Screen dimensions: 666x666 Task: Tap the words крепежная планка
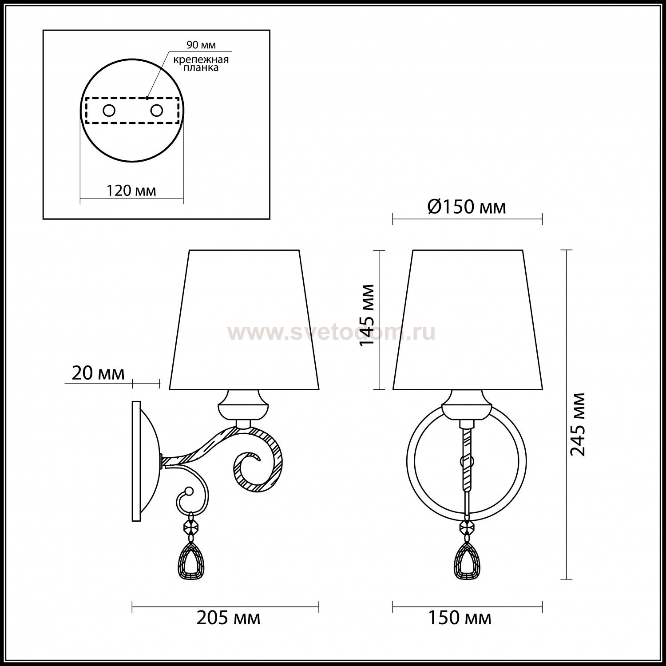202,64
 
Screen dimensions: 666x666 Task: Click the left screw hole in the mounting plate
109,111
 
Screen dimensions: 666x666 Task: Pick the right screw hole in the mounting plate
157,111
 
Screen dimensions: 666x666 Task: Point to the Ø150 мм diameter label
467,207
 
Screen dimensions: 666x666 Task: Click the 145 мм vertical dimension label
368,315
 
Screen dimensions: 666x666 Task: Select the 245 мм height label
578,424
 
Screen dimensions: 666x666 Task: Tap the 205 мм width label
228,618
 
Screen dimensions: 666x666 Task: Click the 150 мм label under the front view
460,618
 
